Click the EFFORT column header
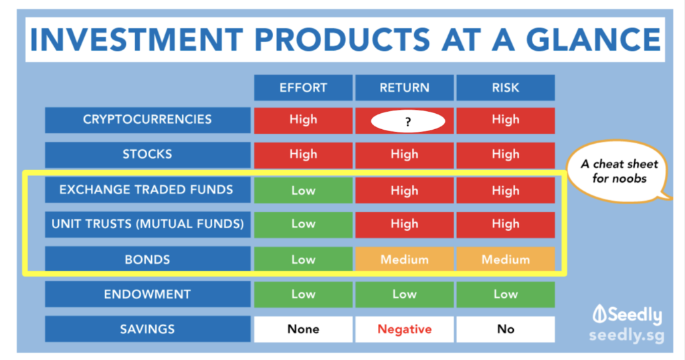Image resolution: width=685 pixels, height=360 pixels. pyautogui.click(x=303, y=88)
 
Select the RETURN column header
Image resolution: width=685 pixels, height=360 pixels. pyautogui.click(x=405, y=88)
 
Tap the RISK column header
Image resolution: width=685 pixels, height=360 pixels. pyautogui.click(x=506, y=88)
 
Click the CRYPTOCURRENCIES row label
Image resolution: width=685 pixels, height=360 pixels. pyautogui.click(x=148, y=120)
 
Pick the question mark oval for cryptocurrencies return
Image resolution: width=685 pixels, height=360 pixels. pyautogui.click(x=408, y=122)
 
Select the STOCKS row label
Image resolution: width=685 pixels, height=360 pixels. pyautogui.click(x=148, y=155)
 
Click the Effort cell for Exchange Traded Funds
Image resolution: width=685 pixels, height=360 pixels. pyautogui.click(x=303, y=190)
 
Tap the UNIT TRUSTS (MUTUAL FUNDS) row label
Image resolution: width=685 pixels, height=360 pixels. pyautogui.click(x=148, y=224)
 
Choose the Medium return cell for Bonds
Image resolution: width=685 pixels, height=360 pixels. pyautogui.click(x=405, y=259)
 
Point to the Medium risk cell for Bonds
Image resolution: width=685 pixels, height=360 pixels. pyautogui.click(x=506, y=259)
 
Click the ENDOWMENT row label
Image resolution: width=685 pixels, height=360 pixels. pyautogui.click(x=148, y=294)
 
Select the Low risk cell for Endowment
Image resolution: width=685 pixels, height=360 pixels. pyautogui.click(x=506, y=294)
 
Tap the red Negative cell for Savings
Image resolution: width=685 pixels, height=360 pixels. pyautogui.click(x=405, y=329)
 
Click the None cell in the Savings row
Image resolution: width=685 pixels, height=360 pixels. pyautogui.click(x=303, y=329)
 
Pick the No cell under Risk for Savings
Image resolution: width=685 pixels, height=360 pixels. pyautogui.click(x=506, y=329)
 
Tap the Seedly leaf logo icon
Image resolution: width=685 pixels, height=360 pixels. pyautogui.click(x=599, y=314)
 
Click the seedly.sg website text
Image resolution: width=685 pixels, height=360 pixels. pyautogui.click(x=626, y=335)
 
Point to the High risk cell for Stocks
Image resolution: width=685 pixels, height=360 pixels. pyautogui.click(x=506, y=155)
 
